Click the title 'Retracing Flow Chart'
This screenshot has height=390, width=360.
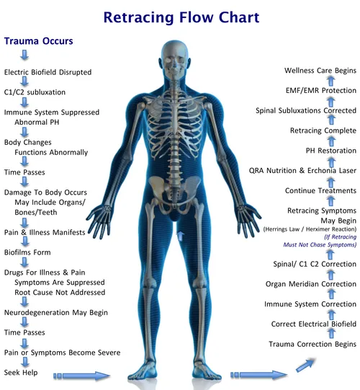pos(181,17)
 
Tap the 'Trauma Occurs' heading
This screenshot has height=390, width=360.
pos(38,41)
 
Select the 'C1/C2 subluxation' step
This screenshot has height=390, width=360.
pos(35,92)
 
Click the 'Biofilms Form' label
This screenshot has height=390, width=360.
pos(27,252)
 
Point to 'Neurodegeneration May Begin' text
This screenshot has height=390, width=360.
pos(56,313)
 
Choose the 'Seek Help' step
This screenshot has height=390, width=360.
pos(21,373)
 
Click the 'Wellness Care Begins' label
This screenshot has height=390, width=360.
pos(320,71)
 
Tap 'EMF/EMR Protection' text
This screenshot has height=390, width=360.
pos(321,91)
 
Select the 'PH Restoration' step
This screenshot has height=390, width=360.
pos(331,151)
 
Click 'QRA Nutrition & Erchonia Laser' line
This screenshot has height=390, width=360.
pos(302,171)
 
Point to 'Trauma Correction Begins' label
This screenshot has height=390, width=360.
pos(312,345)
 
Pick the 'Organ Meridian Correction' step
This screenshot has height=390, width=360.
pos(311,284)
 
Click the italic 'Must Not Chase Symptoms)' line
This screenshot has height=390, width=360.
pos(320,245)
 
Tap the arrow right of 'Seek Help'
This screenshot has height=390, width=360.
pos(82,376)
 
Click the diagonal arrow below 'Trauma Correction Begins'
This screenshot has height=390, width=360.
pos(305,365)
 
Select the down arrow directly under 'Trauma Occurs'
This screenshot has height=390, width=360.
pos(24,55)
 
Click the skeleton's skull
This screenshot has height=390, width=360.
pos(175,60)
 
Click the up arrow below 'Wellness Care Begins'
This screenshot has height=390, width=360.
pos(330,81)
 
